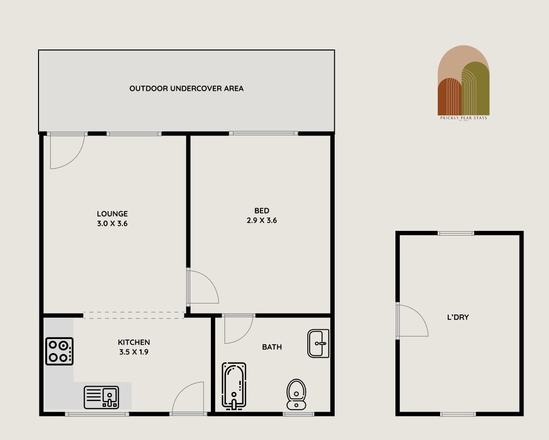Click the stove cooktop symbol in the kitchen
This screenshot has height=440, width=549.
point(59,352)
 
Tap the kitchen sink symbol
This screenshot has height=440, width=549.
point(101,397)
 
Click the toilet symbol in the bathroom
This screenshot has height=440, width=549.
point(296,394)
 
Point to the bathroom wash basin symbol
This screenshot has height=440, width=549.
point(318,343)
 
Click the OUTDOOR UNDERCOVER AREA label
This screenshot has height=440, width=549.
point(186,88)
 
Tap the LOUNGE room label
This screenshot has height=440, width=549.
point(112,214)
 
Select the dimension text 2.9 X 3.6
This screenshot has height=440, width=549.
point(262,221)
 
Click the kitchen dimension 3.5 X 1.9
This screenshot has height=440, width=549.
point(134,352)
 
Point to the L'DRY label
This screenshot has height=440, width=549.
point(457,317)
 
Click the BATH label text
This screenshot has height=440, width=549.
point(272,347)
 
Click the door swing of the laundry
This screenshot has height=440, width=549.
point(412,321)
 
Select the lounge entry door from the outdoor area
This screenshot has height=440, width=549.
point(66,151)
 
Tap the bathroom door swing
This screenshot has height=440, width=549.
point(238,329)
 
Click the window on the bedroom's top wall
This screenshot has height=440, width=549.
point(263,133)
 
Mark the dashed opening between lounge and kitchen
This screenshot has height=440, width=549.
point(134,315)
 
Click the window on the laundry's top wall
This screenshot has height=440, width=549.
point(456,233)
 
